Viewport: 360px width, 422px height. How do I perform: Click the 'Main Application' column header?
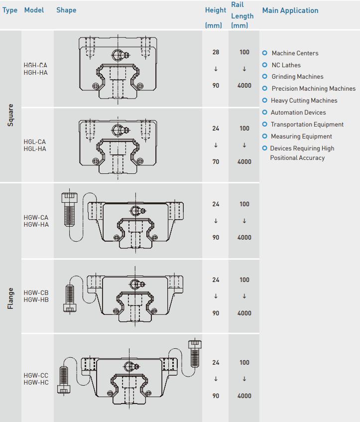point(290,10)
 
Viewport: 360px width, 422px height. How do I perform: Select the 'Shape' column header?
point(66,10)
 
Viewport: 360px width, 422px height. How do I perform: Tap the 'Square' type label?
point(10,115)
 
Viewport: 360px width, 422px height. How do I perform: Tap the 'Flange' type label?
point(10,298)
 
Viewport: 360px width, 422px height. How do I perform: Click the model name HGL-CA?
point(35,142)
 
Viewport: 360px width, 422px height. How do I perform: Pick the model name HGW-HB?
point(36,300)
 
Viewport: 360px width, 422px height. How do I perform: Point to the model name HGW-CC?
point(36,376)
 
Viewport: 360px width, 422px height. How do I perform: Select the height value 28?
point(216,52)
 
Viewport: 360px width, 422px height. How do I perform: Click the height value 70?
point(216,162)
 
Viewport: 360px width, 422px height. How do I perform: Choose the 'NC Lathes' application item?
point(286,65)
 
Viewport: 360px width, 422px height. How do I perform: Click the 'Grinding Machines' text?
point(297,77)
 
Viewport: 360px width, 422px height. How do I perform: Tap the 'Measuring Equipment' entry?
point(301,137)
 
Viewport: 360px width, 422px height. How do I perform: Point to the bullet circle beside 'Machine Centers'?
point(264,53)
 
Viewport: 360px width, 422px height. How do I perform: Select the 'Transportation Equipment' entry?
point(307,125)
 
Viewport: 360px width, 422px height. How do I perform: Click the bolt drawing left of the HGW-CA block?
point(69,209)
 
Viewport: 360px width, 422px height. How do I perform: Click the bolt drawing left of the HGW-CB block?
point(70,297)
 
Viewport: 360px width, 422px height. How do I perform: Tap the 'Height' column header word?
point(215,10)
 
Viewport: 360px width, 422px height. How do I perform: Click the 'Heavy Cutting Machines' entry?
point(304,101)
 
